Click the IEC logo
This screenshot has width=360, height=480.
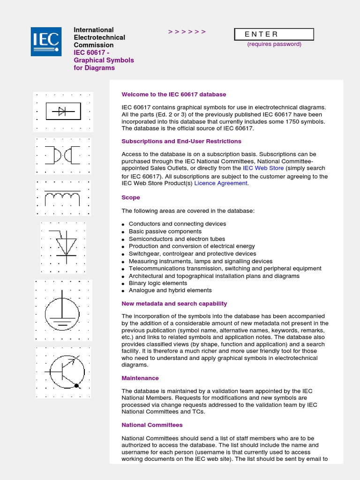pyautogui.click(x=46, y=42)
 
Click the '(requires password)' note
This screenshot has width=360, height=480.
pyautogui.click(x=274, y=44)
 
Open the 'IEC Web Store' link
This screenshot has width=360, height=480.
pyautogui.click(x=263, y=168)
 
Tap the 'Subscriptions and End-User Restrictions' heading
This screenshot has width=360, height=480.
pyautogui.click(x=181, y=141)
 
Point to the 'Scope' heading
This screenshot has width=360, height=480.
pyautogui.click(x=131, y=197)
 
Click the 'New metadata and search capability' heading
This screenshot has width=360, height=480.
pyautogui.click(x=174, y=304)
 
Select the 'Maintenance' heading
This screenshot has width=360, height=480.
pyautogui.click(x=140, y=378)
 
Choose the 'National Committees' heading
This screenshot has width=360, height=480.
pyautogui.click(x=152, y=425)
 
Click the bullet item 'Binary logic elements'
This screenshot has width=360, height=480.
pyautogui.click(x=158, y=283)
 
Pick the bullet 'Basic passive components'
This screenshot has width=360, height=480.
pyautogui.click(x=165, y=231)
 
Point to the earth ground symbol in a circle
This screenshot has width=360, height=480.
pyautogui.click(x=62, y=311)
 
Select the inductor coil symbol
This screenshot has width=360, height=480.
pyautogui.click(x=62, y=198)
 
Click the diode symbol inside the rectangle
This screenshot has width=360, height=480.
pyautogui.click(x=63, y=111)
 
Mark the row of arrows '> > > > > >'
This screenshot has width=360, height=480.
pyautogui.click(x=187, y=32)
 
